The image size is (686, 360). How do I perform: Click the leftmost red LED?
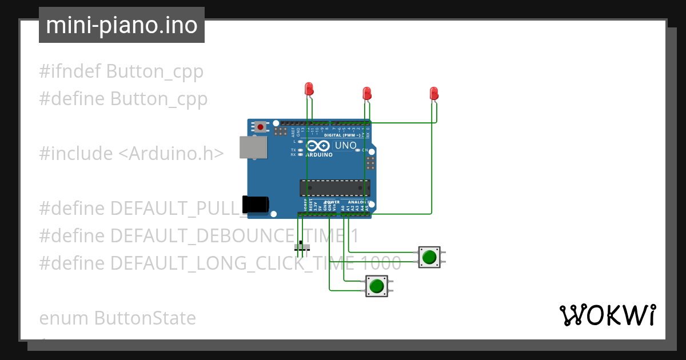point(309,89)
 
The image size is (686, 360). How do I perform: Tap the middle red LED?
point(367,93)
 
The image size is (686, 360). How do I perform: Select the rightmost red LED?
point(434,93)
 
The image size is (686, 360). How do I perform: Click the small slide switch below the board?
point(302,247)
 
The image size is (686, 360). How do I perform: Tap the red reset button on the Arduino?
point(261,126)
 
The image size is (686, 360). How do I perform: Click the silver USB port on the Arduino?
point(253,147)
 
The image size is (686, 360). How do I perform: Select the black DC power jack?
point(255,205)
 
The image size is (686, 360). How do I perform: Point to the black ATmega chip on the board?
point(334,188)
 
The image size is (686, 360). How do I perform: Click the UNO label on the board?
point(345,146)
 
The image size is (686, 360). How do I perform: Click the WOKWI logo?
point(607,315)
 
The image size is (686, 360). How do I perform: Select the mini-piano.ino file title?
point(122,26)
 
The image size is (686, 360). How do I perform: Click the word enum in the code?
point(64,318)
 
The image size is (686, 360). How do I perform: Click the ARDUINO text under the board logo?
point(319,155)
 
